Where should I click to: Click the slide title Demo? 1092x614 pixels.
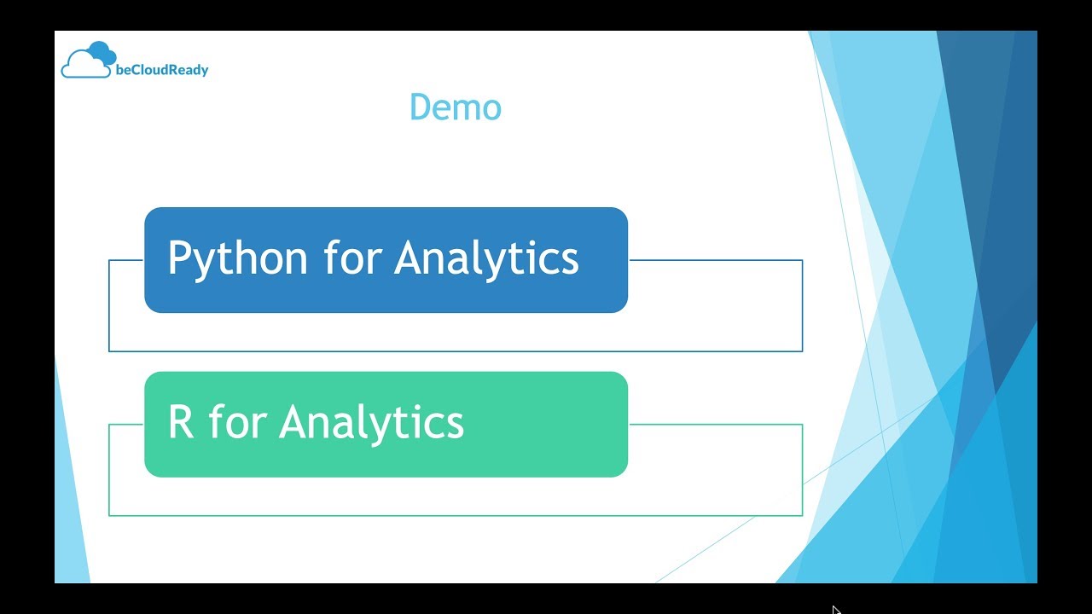(455, 107)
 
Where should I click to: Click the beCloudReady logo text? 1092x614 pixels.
(161, 71)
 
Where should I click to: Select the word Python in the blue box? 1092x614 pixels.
(237, 258)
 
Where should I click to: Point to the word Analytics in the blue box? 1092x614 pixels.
(486, 258)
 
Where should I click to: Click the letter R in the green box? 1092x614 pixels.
(181, 422)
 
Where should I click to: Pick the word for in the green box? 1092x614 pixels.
(236, 422)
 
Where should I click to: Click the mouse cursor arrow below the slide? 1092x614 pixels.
(836, 610)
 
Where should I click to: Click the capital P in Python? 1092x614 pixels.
(179, 258)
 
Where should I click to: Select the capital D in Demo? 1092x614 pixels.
(421, 107)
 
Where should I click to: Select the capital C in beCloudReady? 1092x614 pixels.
(135, 71)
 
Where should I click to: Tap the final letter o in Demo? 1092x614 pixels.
(491, 110)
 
